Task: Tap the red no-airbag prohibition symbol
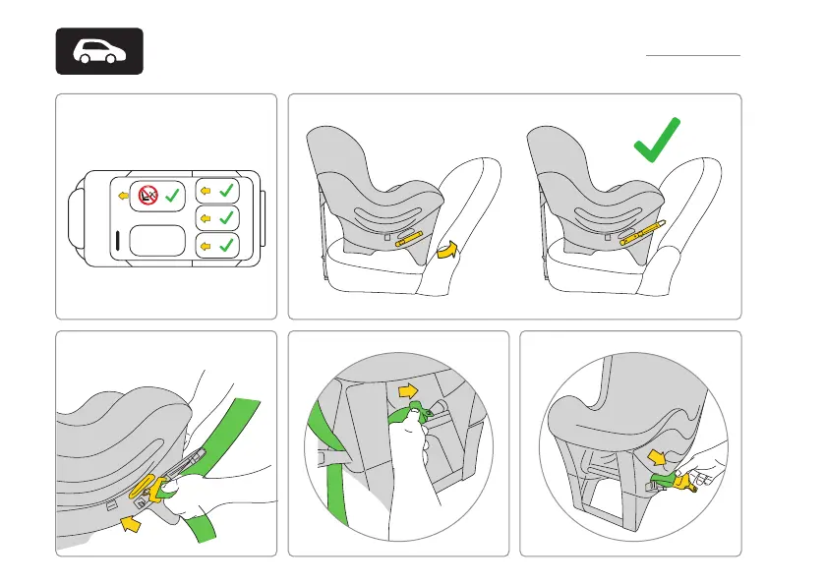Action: [x=147, y=195]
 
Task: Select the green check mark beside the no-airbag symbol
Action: [x=172, y=196]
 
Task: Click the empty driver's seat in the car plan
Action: [x=156, y=242]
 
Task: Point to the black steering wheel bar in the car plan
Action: [x=118, y=240]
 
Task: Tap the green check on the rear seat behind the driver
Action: [x=225, y=245]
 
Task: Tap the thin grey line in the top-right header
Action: [x=692, y=56]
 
